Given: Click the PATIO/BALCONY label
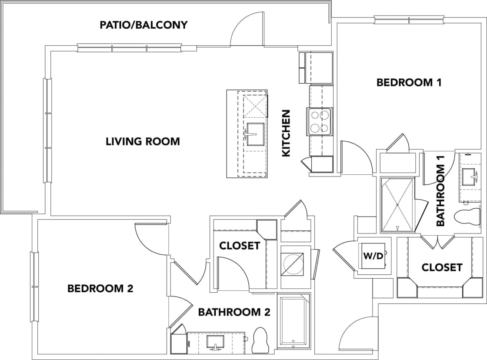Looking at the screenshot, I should (x=143, y=25).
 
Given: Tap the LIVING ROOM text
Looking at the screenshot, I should (x=143, y=142).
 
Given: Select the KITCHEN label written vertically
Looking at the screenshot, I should (x=286, y=133).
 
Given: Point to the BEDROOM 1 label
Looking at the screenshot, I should (x=409, y=83).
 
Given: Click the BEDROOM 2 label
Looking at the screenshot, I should (x=100, y=289).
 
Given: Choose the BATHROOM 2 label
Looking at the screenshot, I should (x=234, y=312).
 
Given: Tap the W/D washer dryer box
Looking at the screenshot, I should (x=373, y=256).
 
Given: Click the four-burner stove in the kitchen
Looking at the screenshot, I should (x=320, y=121).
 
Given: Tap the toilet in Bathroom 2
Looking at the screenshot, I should (x=260, y=340).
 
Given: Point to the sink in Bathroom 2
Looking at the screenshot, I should (x=215, y=341).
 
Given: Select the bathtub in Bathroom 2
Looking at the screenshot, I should (x=294, y=322).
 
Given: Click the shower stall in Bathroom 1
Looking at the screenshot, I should (x=397, y=204).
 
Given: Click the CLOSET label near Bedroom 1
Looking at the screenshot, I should (x=441, y=267).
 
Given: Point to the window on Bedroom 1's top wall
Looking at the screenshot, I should (x=409, y=20).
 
